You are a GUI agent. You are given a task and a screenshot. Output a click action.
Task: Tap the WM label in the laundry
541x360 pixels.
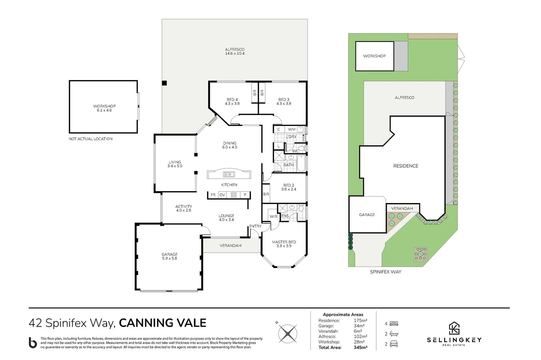(x=291, y=130)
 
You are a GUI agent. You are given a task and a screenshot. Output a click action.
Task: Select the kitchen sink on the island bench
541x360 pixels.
(x=229, y=174)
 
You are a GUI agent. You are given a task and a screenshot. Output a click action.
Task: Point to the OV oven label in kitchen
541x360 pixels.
(x=222, y=195)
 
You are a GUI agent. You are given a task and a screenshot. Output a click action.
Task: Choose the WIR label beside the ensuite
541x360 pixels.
(x=273, y=216)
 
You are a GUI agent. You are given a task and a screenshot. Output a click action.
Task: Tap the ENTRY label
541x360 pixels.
(x=255, y=226)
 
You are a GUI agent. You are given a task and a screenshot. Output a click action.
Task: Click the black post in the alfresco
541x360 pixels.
(x=164, y=83)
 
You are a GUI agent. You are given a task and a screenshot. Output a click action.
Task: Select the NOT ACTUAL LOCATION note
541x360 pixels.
(x=91, y=139)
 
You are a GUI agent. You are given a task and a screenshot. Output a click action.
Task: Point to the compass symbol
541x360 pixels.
(x=287, y=334)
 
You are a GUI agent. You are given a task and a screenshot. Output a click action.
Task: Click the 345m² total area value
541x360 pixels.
(x=360, y=347)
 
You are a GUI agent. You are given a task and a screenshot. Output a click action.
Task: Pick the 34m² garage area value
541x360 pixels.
(x=359, y=326)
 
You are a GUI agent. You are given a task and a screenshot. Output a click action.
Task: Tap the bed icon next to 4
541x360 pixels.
(x=394, y=324)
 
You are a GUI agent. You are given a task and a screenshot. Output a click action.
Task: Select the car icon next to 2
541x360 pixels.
(x=394, y=344)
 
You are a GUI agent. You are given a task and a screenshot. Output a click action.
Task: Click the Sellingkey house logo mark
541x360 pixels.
(x=454, y=328)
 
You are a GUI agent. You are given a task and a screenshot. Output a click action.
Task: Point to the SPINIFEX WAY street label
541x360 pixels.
(x=385, y=272)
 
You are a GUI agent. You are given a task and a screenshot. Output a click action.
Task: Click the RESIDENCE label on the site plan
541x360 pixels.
(x=405, y=166)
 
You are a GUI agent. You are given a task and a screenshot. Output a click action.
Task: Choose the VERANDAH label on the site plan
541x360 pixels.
(x=402, y=209)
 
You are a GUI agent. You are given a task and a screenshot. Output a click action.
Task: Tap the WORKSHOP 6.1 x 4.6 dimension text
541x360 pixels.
(x=104, y=110)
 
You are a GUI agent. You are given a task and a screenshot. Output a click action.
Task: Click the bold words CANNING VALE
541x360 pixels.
(x=163, y=323)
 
